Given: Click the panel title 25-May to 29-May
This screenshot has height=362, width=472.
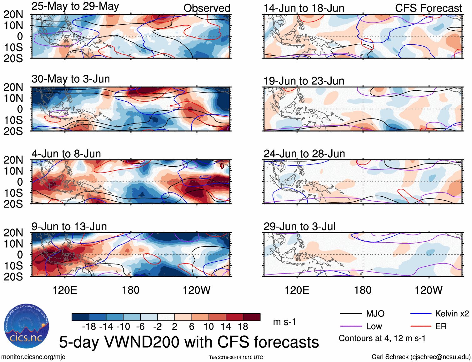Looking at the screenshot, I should (x=75, y=7).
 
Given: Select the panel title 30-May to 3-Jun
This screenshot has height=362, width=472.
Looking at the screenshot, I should (x=71, y=79).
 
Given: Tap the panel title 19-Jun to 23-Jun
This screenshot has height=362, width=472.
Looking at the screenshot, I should (x=304, y=81).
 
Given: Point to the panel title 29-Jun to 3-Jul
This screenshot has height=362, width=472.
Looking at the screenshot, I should (x=299, y=227).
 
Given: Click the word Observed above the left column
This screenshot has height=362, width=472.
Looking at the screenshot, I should (x=207, y=8).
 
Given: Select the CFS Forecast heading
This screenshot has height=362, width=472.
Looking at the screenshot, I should (x=428, y=8).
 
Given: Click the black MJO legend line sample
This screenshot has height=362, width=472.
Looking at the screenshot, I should (x=351, y=314).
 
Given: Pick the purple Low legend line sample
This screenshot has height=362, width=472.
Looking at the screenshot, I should (x=351, y=326).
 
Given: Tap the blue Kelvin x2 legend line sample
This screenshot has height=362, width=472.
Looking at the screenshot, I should (x=421, y=314).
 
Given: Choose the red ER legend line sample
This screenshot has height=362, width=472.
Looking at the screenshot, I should (x=421, y=326).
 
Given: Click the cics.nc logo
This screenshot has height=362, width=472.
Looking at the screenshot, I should (x=26, y=326).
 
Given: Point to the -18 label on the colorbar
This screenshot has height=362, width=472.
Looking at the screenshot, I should (x=89, y=327).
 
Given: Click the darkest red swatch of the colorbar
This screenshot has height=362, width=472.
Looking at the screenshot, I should (x=252, y=317).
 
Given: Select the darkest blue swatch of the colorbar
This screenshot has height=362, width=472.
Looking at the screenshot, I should (x=80, y=317).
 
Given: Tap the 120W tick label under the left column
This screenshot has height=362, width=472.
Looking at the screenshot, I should (x=197, y=290).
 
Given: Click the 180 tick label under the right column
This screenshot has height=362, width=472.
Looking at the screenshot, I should (x=363, y=290).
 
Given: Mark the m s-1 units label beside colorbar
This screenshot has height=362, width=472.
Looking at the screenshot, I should (x=284, y=322).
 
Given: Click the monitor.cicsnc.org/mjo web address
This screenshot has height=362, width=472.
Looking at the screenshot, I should (x=33, y=357).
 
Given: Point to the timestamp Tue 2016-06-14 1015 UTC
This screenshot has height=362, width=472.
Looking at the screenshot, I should (x=236, y=357).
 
